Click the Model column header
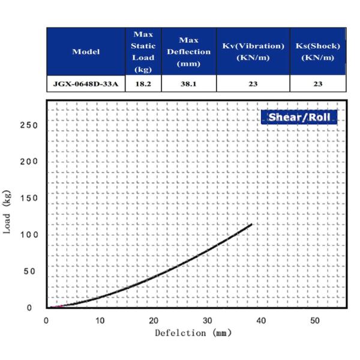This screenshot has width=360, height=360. coord(86,52)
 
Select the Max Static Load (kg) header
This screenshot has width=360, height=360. coord(143,52)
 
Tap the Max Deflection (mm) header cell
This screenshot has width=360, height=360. coord(189,52)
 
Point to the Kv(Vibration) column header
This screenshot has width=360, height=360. coord(253,52)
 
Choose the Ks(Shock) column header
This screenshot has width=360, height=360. coord(318,52)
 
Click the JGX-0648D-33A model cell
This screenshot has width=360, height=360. coord(86,84)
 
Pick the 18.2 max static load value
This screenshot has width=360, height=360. coord(143,84)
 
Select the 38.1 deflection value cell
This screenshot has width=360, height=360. coord(189,84)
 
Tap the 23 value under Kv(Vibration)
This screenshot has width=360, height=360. coord(253,84)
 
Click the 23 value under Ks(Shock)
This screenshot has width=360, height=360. coord(318,84)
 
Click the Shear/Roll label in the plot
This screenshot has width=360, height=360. coord(299,117)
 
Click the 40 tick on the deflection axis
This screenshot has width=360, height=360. coord(262,320)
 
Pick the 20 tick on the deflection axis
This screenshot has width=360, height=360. coord(154,320)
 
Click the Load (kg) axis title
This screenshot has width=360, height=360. coord(9,217)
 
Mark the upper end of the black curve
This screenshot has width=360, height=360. coord(251,224)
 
